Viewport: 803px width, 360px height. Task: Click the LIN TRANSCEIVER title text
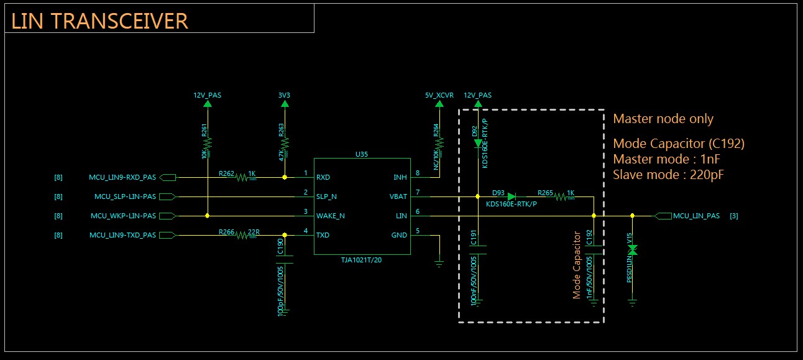tap(99, 21)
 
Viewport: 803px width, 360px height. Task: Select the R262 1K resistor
tap(242, 177)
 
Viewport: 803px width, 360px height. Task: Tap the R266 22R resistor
tap(242, 236)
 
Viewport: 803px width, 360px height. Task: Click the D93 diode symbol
tap(511, 196)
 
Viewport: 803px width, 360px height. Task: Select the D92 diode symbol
tap(477, 143)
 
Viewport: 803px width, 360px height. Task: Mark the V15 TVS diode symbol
tap(632, 250)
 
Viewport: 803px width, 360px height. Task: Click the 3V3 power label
tap(285, 96)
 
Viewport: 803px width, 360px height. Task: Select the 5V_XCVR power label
tap(439, 96)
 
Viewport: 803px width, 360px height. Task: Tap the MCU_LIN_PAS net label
tap(696, 216)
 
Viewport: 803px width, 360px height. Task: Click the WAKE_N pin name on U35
tap(330, 216)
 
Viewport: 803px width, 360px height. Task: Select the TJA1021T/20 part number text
tap(362, 260)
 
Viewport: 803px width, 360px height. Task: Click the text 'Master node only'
tap(663, 119)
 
